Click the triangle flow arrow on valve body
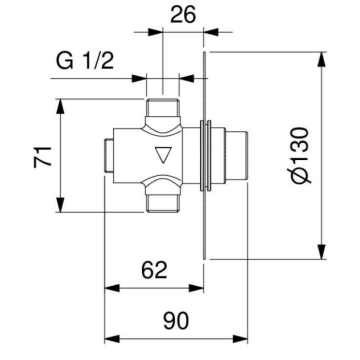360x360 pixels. (162, 155)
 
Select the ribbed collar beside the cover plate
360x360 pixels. (213, 155)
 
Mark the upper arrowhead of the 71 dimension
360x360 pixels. (64, 102)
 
